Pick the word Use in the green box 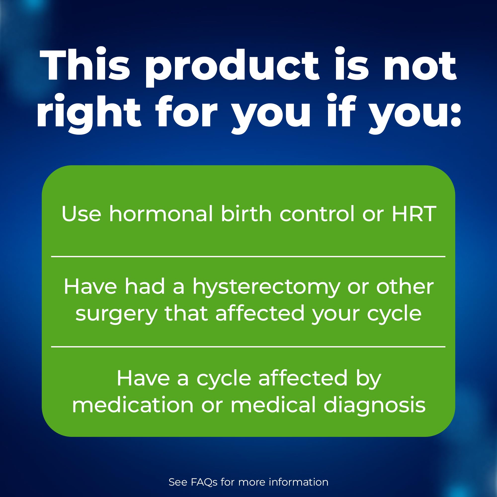[x=81, y=213]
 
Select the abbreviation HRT [x=414, y=213]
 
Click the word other [x=405, y=286]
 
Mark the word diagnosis [x=374, y=407]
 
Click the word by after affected [x=369, y=380]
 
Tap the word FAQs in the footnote [x=204, y=482]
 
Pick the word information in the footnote [x=299, y=482]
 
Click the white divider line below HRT [x=248, y=256]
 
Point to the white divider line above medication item [x=248, y=347]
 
